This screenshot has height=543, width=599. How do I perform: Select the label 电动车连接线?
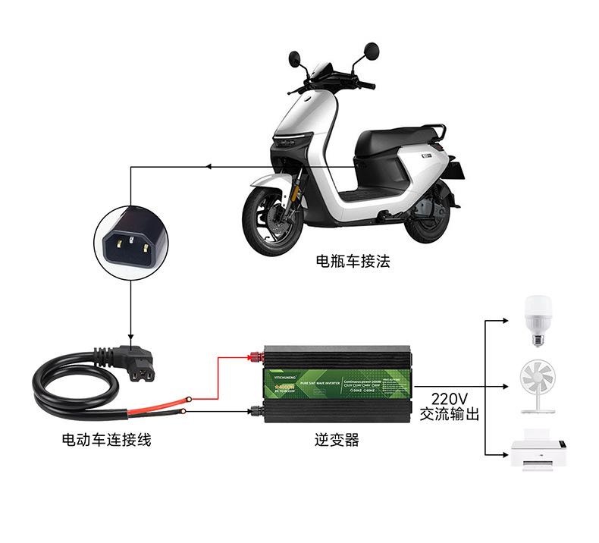pos(106,439)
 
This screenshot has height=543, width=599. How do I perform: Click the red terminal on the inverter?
pos(253,355)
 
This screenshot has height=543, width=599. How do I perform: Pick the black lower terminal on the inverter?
pos(255,411)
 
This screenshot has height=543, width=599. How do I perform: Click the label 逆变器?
pos(337,439)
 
